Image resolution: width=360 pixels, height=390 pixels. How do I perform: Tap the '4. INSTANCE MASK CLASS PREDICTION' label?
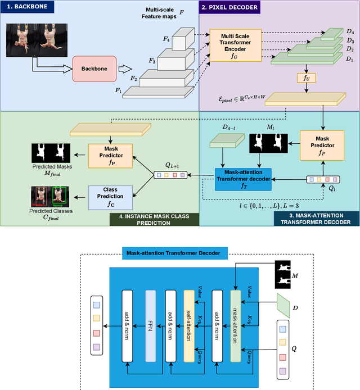[148, 218]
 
